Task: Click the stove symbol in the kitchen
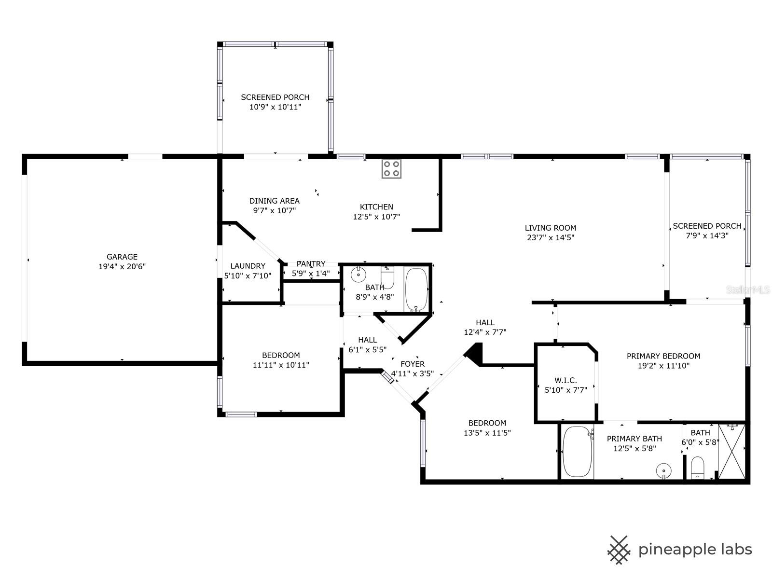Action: point(391,168)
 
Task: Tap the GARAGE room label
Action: point(122,257)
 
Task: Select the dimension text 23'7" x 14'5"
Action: point(551,237)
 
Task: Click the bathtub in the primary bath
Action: point(578,452)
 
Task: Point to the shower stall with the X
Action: point(731,451)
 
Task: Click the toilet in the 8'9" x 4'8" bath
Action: point(387,277)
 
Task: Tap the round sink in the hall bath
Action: point(358,275)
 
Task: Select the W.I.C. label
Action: point(565,380)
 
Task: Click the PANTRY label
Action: point(311,264)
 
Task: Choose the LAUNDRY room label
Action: point(248,266)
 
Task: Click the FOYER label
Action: point(413,364)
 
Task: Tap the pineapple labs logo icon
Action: point(619,550)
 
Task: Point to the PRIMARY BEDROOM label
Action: point(663,356)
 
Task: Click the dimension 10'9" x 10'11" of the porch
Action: point(275,107)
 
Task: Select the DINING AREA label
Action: point(274,201)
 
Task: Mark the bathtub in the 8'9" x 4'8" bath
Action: point(416,289)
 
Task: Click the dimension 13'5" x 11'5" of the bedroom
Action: point(487,433)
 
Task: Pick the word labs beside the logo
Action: point(733,549)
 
